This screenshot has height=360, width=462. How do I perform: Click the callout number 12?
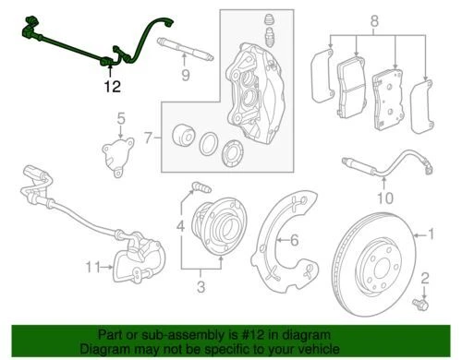[x=112, y=88]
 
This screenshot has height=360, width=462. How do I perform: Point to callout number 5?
[x=119, y=118]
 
